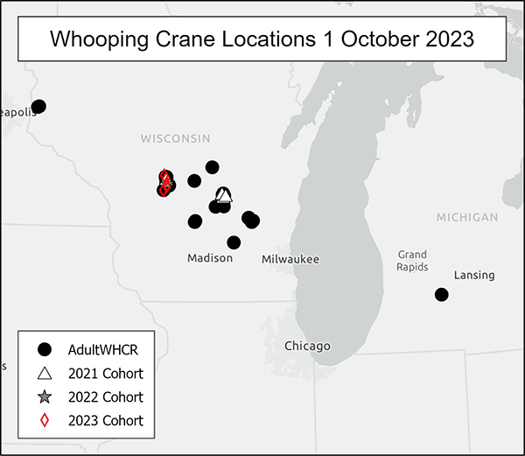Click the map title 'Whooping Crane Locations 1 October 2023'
262,39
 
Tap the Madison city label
210,258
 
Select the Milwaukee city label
290,259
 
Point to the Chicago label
307,346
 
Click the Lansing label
474,275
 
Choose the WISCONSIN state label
175,138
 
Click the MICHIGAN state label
466,217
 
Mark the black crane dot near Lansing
442,294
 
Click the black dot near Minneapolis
38,107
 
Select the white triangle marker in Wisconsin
224,195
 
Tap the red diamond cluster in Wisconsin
164,183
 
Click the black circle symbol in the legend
45,349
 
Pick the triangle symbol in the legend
45,373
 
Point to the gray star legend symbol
45,396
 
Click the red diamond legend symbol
45,420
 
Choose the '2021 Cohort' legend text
105,373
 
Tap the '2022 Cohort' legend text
105,396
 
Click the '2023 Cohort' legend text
105,420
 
